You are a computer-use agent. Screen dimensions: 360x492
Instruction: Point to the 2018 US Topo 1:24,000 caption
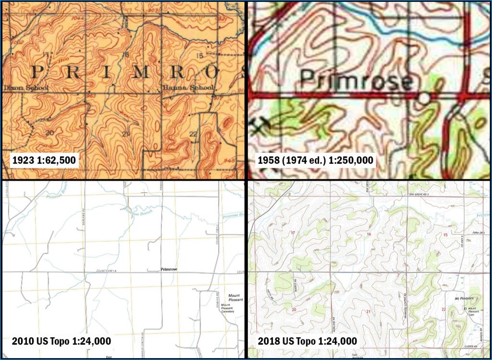(307, 341)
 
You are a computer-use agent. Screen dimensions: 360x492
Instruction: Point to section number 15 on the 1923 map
(200, 56)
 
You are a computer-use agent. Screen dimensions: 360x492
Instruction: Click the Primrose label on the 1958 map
(356, 81)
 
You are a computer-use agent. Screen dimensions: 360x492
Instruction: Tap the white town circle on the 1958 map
(423, 98)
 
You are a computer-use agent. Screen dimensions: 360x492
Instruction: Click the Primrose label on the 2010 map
(169, 270)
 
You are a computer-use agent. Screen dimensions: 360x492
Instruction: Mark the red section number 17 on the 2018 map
(293, 233)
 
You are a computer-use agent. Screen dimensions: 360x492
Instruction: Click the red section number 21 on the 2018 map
(369, 312)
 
